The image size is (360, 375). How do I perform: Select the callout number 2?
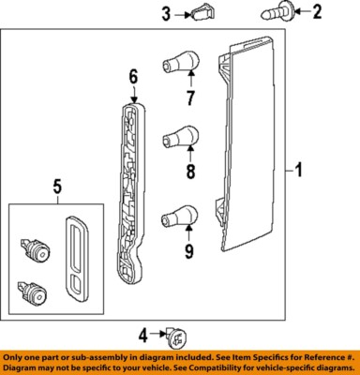tap(316, 12)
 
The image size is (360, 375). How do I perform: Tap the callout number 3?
tap(166, 13)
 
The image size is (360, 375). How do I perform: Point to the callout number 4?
tap(143, 334)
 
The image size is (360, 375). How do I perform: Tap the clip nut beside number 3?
tap(202, 13)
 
